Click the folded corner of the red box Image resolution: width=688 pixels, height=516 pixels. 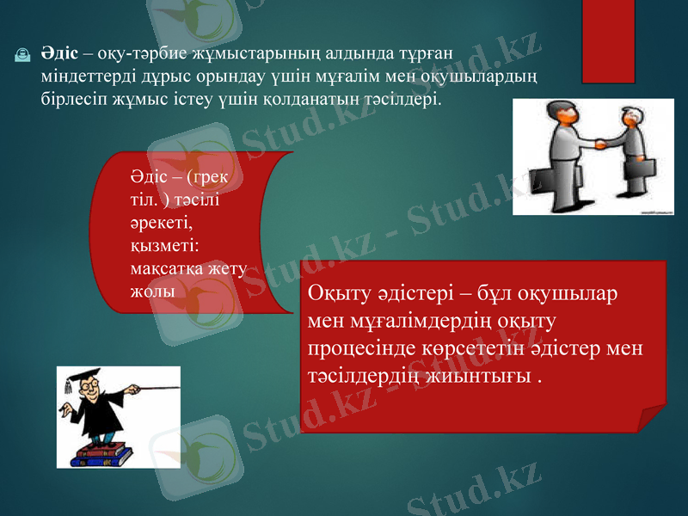(654, 419)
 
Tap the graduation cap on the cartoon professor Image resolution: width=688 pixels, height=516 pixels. (82, 378)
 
